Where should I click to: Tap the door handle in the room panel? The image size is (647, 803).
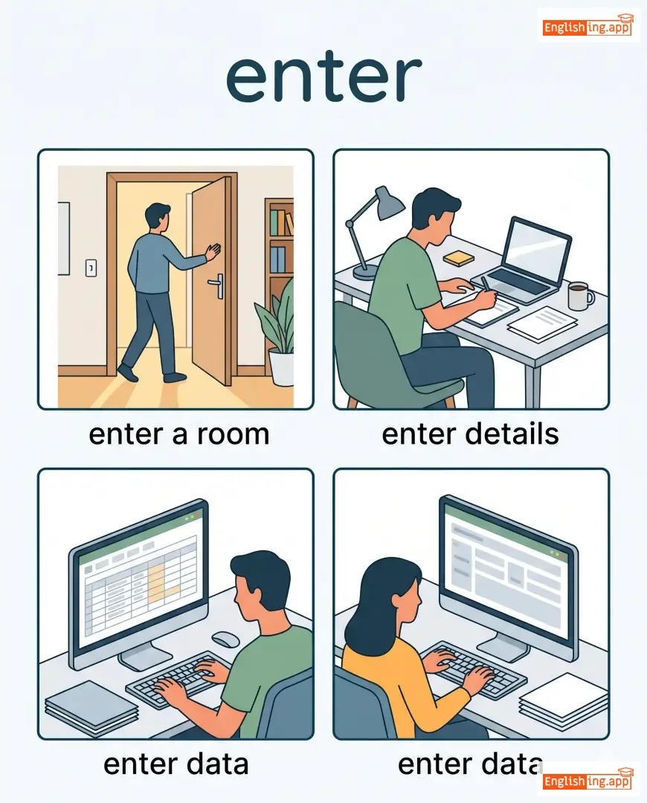tap(217, 285)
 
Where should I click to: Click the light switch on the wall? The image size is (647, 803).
tap(91, 268)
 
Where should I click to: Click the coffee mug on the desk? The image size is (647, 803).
tap(580, 296)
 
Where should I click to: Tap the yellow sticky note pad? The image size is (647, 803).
tap(459, 258)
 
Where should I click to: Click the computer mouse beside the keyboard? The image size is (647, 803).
tap(226, 639)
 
